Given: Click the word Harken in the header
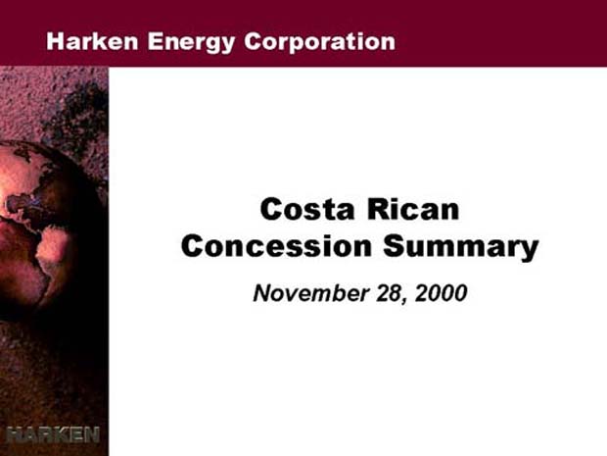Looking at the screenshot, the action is pos(92,41).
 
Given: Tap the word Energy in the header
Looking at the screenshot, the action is pos(191,42).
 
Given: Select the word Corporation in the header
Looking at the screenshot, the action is pos(320,41).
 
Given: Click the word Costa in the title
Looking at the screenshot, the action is pos(307,209).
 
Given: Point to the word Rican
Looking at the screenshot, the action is pos(413,209).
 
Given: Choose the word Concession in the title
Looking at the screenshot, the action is pos(276,246).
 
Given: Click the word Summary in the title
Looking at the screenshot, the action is pos(461,247).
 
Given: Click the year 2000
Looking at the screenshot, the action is pos(441,293).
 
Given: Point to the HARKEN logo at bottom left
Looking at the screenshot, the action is pos(53,434).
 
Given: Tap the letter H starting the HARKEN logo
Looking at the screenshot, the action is pos(14,434).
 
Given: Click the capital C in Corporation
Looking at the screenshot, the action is pos(253,41).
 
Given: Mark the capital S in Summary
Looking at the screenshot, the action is pos(394,246).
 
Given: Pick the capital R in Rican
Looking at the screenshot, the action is pos(378,209).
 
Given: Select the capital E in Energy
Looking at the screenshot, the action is pos(155,41).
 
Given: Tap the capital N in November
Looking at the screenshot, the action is pos(262,293).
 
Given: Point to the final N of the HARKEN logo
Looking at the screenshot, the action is pos(92,434).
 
